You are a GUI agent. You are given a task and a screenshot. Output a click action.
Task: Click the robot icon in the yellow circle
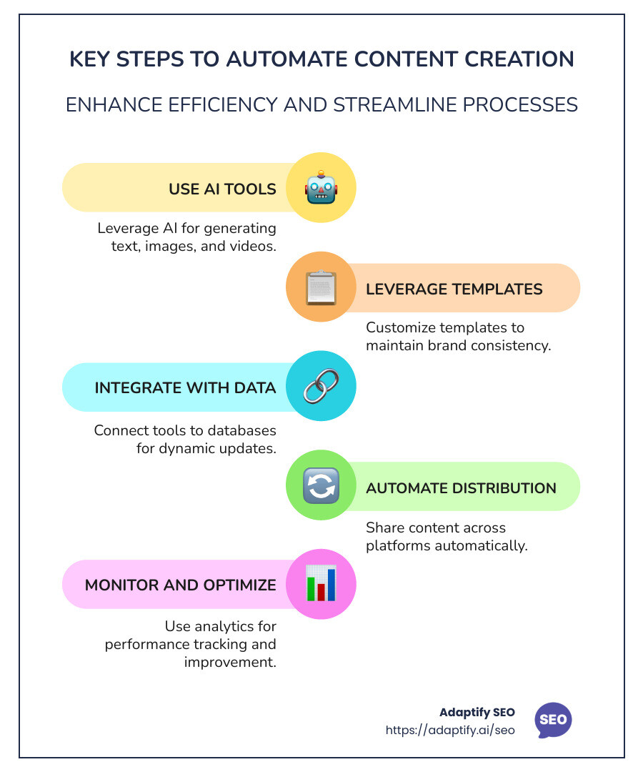coord(321,188)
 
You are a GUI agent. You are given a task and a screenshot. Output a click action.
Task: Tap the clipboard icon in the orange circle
coord(321,287)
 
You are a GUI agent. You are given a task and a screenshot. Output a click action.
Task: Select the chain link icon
coord(321,387)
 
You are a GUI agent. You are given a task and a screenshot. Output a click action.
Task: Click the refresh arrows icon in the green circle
coord(321,486)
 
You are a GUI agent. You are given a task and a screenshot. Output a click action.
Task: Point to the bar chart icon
coord(321,584)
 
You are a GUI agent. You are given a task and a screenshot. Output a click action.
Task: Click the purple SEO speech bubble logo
coord(553,719)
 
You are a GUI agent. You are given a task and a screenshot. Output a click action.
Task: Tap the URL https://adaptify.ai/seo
coord(450,730)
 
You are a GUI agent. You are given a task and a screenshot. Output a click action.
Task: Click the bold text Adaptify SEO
coord(477,713)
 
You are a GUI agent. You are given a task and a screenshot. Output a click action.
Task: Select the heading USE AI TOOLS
coord(222,189)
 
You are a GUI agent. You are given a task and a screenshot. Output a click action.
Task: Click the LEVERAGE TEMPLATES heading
coord(454,289)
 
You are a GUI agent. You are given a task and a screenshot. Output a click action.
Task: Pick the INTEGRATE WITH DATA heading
coord(185,388)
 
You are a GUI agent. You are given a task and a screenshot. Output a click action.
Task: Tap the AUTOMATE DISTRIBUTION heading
coord(461,488)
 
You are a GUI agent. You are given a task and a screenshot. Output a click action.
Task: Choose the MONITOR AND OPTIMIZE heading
coord(180,585)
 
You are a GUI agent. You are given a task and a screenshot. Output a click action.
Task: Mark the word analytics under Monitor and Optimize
coord(222,626)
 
